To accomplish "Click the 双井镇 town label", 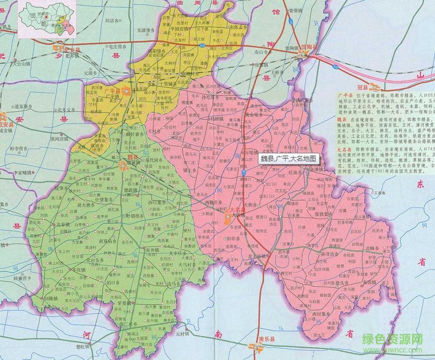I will pos(153,250).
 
